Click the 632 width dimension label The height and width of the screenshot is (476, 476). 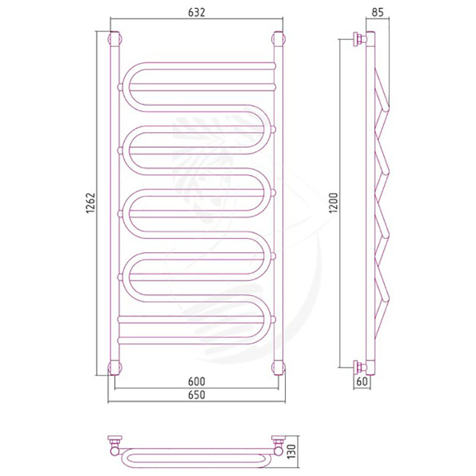[x=197, y=12]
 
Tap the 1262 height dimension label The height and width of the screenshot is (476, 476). [x=90, y=203]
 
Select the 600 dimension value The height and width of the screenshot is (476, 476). [x=197, y=381]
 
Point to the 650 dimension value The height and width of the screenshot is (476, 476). [x=197, y=395]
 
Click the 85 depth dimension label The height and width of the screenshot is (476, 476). [x=378, y=12]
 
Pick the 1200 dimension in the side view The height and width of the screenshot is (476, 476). [x=333, y=203]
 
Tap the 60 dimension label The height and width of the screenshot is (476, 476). [x=362, y=381]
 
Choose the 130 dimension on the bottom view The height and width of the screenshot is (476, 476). [x=291, y=452]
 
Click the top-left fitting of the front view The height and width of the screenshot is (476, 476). [x=115, y=39]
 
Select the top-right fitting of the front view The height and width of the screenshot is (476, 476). [x=278, y=39]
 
